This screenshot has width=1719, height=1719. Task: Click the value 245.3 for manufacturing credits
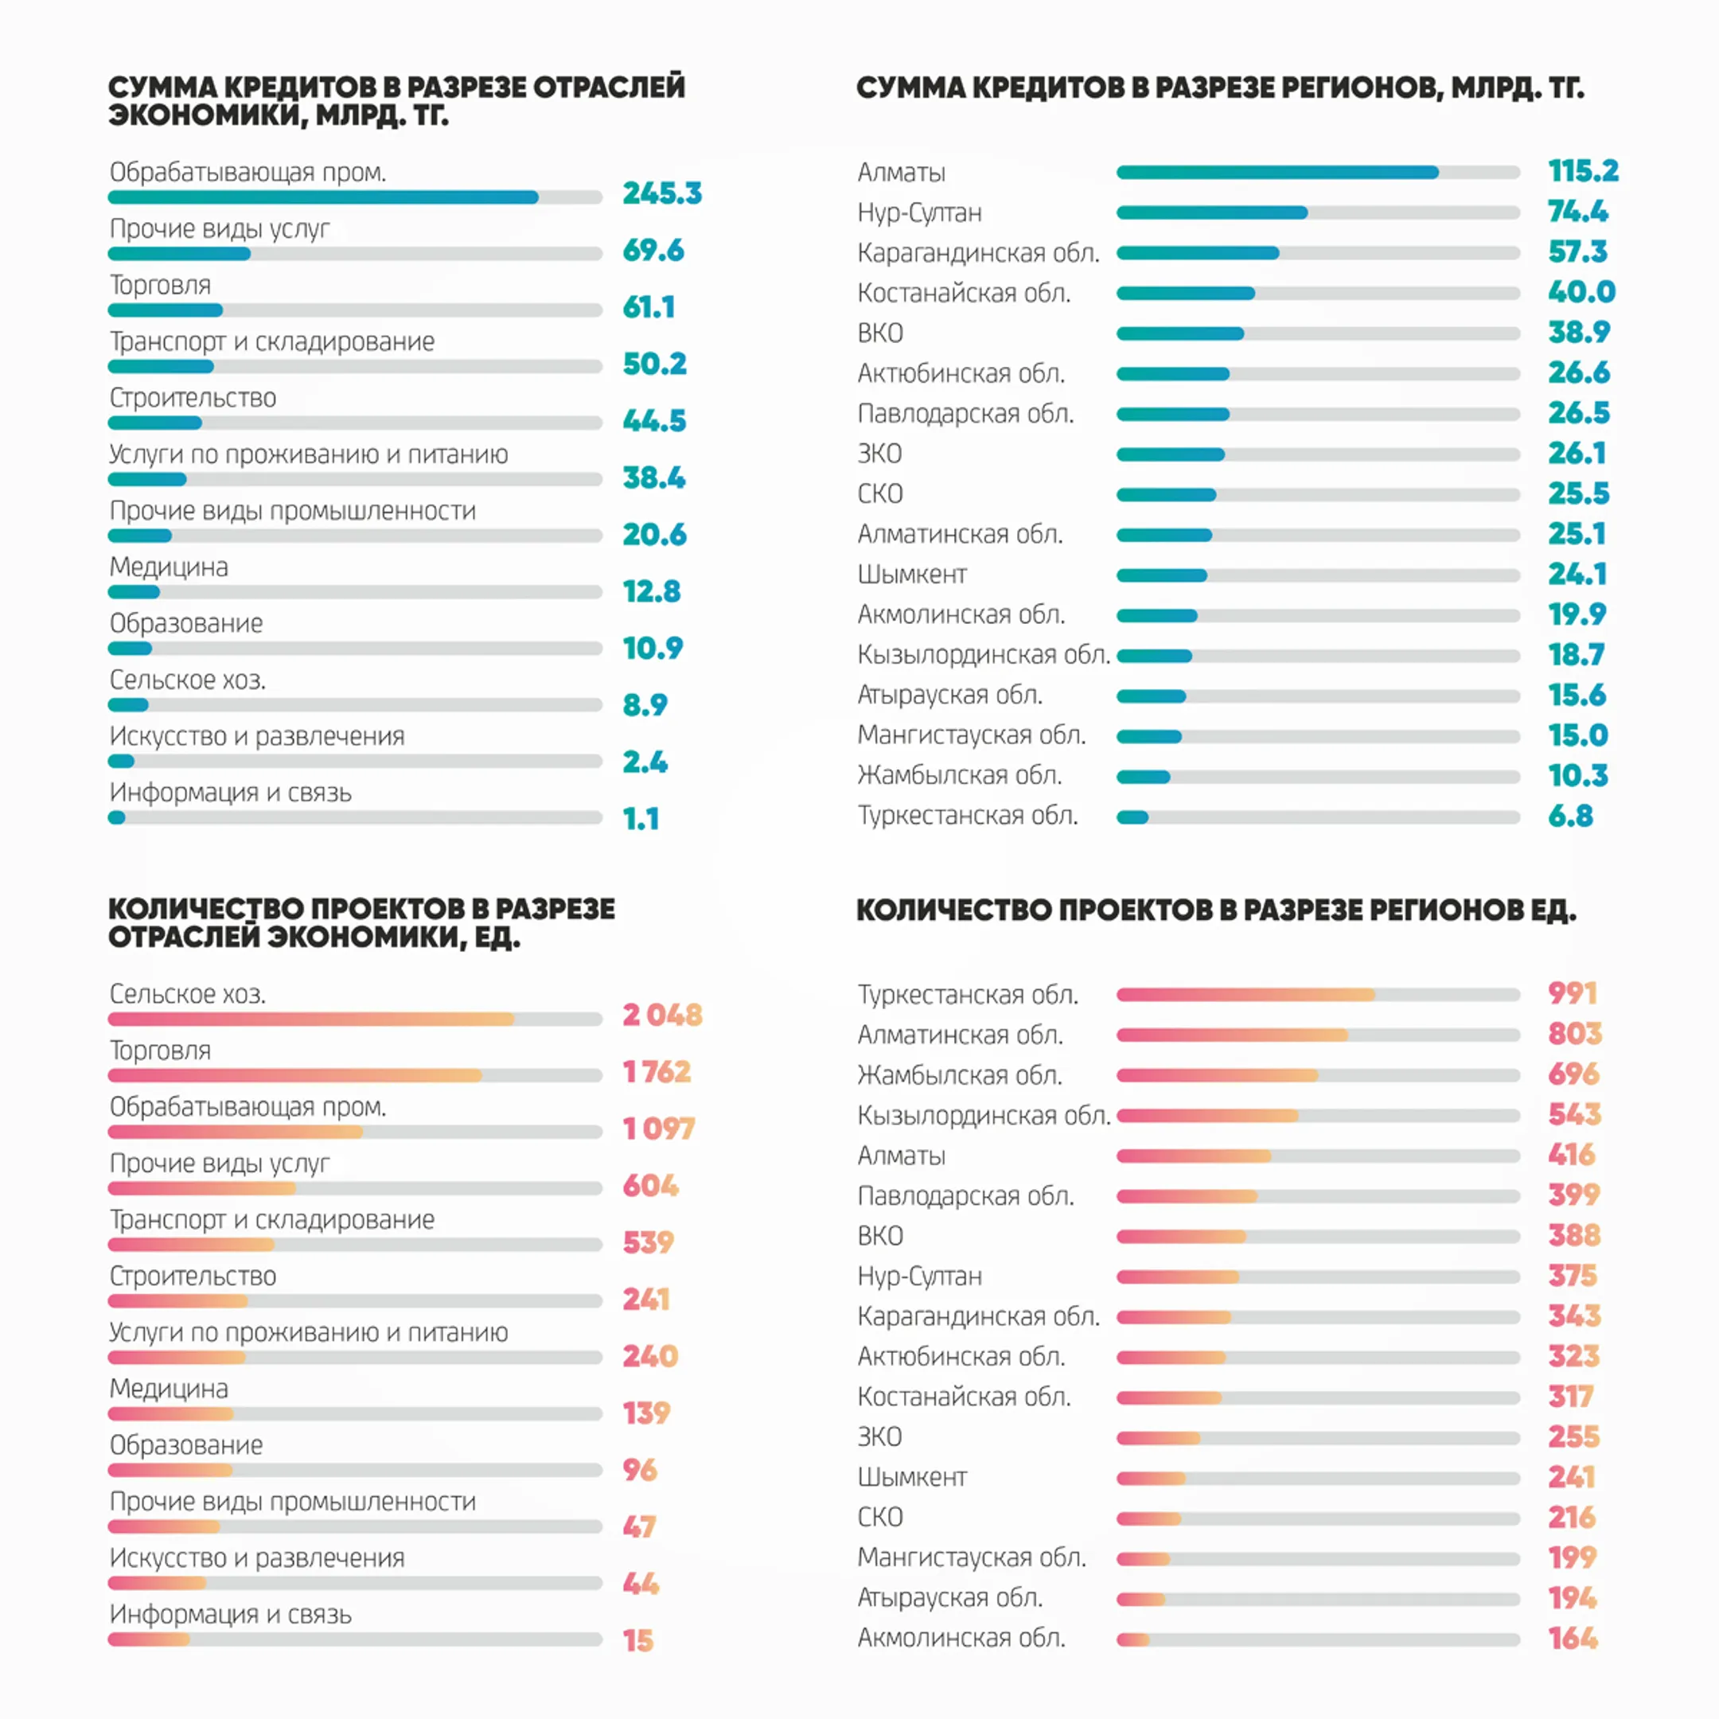[662, 193]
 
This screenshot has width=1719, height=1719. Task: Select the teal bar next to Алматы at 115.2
[1277, 173]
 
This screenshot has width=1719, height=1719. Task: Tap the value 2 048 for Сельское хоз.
[662, 1015]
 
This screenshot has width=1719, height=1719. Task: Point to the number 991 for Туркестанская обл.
[1573, 993]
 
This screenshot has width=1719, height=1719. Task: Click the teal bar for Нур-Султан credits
[1212, 212]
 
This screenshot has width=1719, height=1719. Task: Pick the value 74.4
[1577, 211]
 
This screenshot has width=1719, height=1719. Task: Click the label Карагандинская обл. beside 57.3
[978, 253]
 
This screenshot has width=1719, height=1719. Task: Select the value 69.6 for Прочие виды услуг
[653, 250]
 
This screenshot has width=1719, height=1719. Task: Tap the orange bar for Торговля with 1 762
[294, 1076]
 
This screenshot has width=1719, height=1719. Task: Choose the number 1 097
[658, 1128]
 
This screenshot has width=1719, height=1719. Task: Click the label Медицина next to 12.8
[169, 567]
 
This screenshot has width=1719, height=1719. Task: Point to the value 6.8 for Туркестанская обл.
[1570, 816]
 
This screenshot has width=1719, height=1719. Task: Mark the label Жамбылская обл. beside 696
[959, 1075]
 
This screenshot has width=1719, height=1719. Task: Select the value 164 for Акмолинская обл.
[1573, 1638]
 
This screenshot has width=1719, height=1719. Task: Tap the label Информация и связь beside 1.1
[231, 792]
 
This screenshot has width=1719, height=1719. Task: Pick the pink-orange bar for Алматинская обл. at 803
[1232, 1035]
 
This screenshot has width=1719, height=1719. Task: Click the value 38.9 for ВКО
[1578, 332]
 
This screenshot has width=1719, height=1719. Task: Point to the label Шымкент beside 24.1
[912, 574]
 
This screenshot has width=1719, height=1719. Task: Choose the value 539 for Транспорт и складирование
[648, 1242]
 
